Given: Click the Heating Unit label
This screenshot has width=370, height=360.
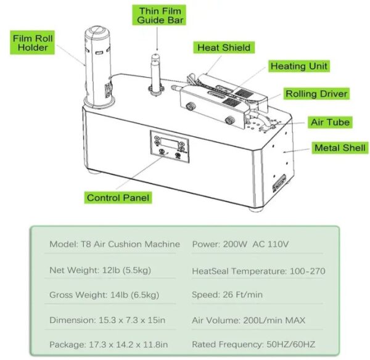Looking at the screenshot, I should point(299,66).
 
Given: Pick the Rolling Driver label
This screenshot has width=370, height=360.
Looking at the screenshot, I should point(316,94).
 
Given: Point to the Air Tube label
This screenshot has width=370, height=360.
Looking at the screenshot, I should point(329,122).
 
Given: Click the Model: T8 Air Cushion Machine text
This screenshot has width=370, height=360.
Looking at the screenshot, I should point(115,244).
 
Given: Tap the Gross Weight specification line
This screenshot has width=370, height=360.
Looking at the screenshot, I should point(101,295).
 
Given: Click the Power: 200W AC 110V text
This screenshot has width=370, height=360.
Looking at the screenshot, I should point(240,244).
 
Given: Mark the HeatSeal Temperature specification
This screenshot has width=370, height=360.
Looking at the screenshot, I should point(258,271).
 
